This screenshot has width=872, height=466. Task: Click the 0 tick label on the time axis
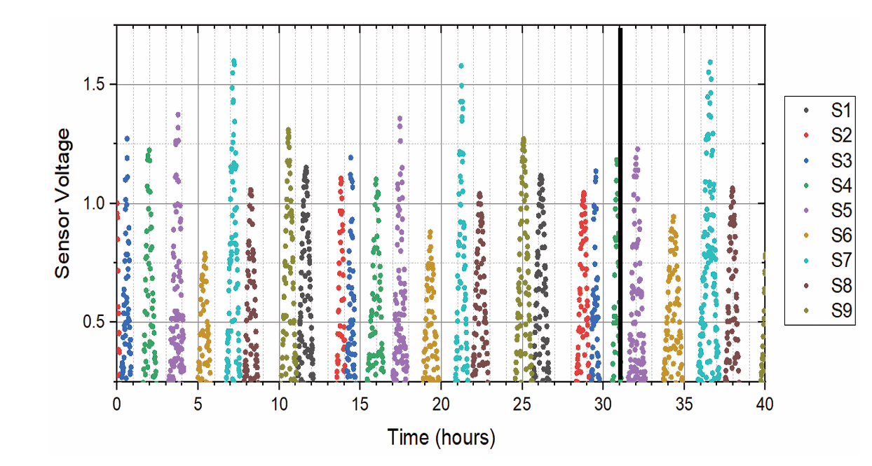pyautogui.click(x=117, y=404)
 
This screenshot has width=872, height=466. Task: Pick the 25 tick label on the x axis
pyautogui.click(x=522, y=404)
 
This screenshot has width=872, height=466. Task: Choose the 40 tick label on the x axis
pyautogui.click(x=765, y=404)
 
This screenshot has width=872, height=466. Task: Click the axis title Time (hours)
pyautogui.click(x=441, y=438)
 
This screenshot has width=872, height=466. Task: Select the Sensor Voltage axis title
pyautogui.click(x=63, y=203)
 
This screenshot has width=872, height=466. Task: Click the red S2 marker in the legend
pyautogui.click(x=806, y=136)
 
